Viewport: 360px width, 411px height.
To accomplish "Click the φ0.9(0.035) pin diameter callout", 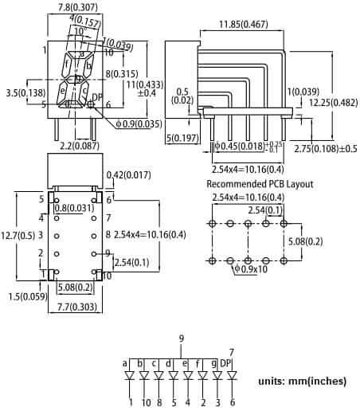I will tap(140, 123).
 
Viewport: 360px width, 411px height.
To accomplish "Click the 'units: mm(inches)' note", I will tap(302, 382).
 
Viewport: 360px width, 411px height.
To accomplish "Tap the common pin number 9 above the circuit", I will tap(182, 339).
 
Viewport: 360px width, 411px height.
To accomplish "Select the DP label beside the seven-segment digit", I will tap(98, 97).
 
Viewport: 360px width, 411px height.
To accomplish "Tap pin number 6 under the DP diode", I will tap(232, 402).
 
